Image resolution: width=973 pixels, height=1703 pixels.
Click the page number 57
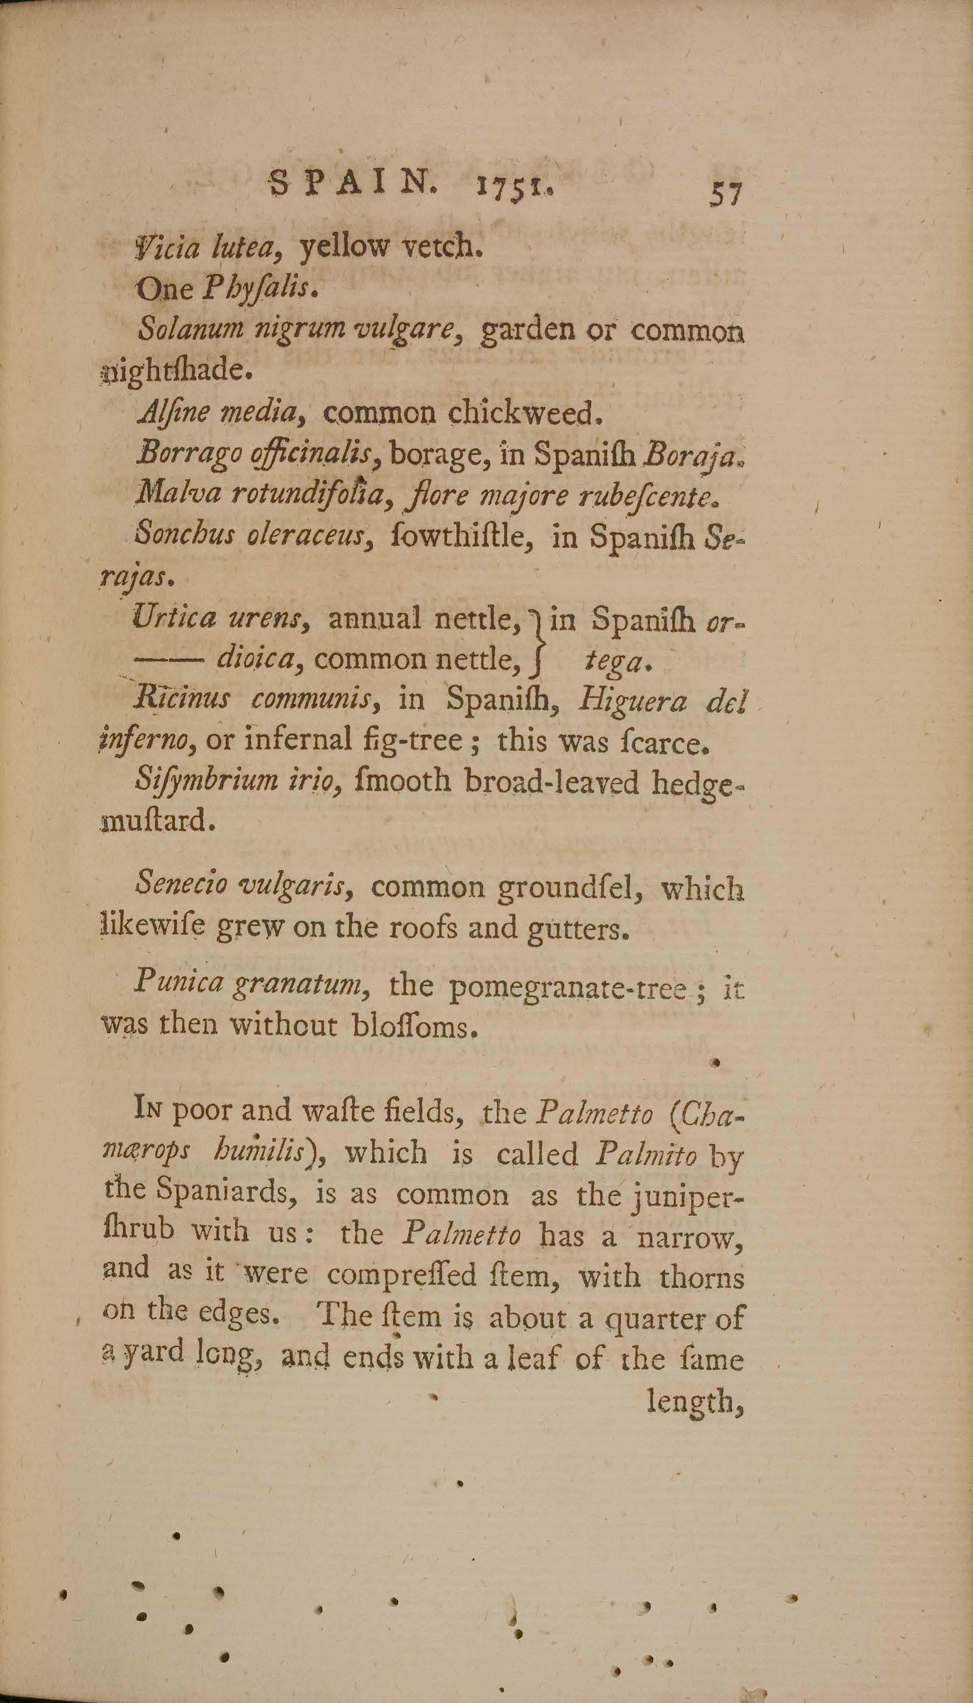(x=725, y=194)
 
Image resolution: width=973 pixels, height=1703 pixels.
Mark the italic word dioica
(x=256, y=659)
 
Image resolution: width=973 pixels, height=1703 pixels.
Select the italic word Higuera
(x=631, y=701)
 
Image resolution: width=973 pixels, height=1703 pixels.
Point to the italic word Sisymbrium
(x=207, y=781)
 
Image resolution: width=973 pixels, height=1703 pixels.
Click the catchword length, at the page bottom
(x=695, y=1401)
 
